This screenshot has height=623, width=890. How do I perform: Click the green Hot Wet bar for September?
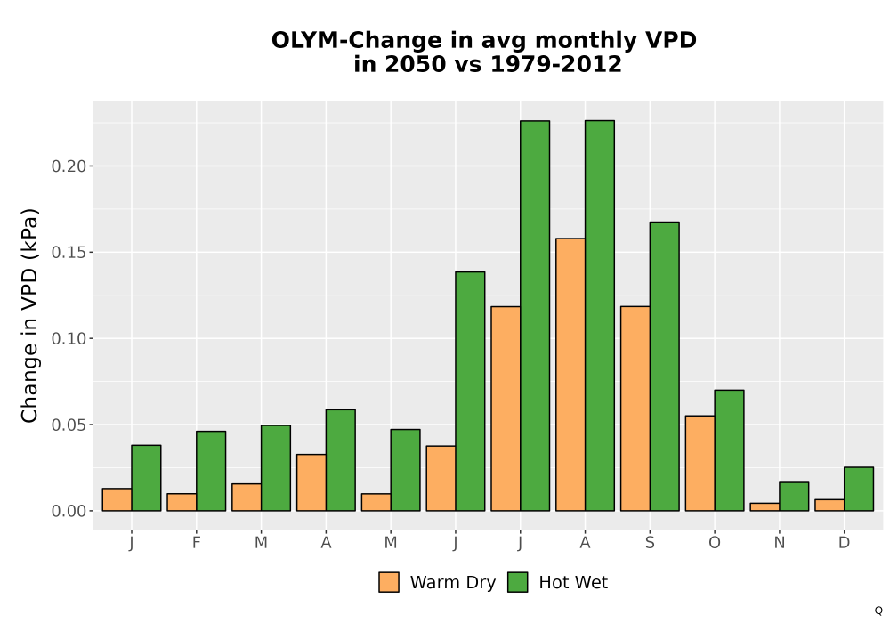tap(665, 367)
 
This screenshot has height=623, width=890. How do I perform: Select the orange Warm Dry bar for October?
tap(700, 463)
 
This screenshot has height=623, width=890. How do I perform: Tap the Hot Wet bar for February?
tap(211, 471)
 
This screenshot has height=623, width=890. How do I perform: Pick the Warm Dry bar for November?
tap(765, 506)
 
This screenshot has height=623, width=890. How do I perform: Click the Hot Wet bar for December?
tap(859, 489)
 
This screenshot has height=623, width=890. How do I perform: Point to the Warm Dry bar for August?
tap(570, 375)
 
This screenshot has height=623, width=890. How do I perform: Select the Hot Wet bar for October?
tap(730, 450)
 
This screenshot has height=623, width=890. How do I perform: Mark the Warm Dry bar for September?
tap(635, 409)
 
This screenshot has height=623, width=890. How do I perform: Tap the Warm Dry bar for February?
tap(182, 502)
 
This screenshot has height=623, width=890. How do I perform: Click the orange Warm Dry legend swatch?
tap(389, 582)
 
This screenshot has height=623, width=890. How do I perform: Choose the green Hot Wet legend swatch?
tap(517, 582)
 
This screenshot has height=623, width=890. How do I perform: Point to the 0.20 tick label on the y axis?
tap(69, 166)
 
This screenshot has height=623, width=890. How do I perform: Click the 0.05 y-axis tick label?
tap(69, 425)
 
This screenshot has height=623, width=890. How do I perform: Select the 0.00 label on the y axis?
tap(69, 511)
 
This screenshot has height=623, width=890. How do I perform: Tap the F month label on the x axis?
tap(197, 543)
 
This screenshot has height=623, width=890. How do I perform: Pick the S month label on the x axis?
tap(650, 543)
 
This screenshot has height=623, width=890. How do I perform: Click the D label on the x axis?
tap(844, 543)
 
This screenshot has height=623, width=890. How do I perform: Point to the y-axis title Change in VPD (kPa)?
tap(29, 315)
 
